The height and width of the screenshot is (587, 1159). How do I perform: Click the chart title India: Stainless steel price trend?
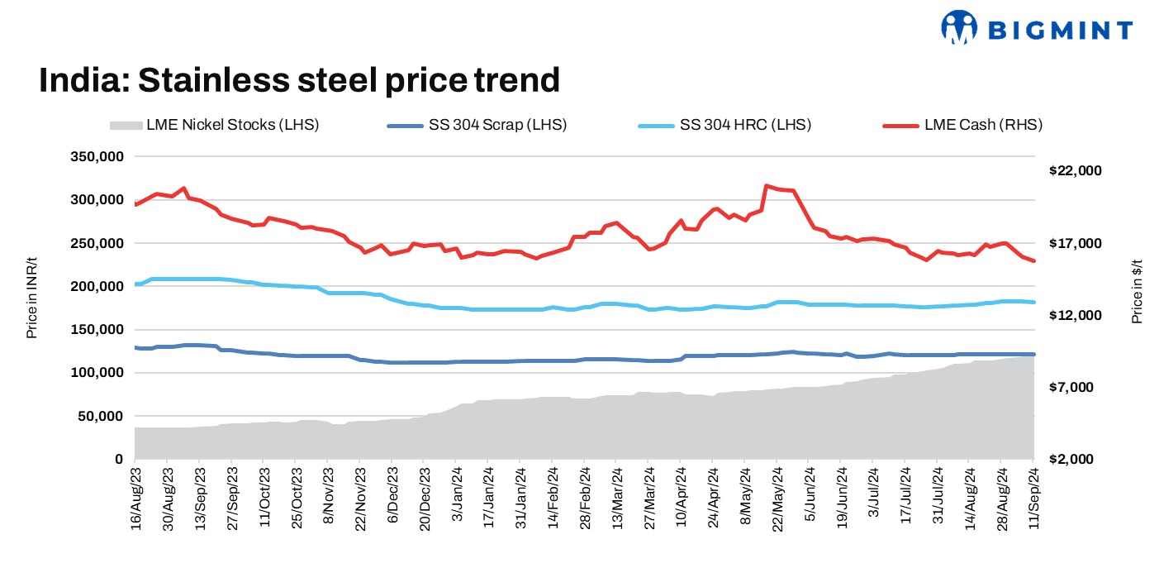(299, 81)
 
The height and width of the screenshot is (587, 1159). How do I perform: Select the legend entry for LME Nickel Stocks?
(214, 126)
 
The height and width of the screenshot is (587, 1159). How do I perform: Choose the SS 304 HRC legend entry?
(724, 126)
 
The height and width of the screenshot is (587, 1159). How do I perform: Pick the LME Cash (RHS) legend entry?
(962, 126)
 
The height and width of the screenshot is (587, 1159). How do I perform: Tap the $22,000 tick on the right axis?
(1075, 171)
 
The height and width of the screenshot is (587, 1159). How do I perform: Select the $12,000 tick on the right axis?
(1075, 316)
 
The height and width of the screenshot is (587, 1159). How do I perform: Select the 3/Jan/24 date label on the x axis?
(457, 496)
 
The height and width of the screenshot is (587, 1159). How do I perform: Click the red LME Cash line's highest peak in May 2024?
(767, 186)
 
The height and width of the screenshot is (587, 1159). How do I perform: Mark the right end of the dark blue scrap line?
(1033, 355)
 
